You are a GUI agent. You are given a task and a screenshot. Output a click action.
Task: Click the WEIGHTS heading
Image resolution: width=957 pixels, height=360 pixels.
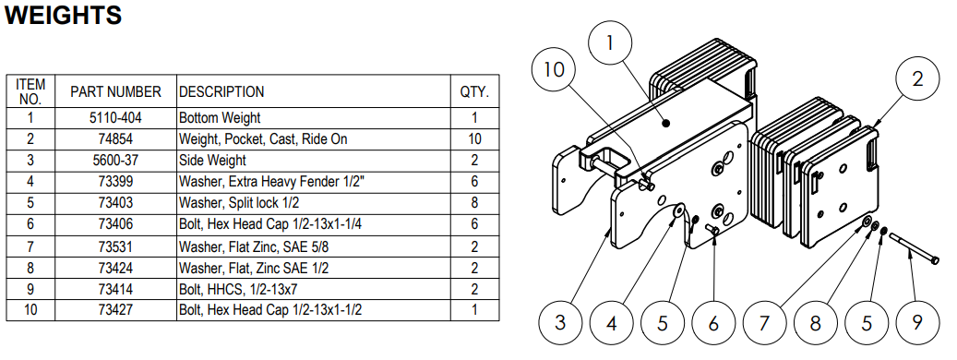coord(64,15)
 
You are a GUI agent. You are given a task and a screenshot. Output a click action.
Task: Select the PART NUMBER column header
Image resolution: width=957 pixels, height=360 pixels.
coord(115,92)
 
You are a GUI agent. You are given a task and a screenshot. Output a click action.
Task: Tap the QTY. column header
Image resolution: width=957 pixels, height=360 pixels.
coord(474,92)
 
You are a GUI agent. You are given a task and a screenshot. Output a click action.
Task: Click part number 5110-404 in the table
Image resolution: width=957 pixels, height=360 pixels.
coord(115,118)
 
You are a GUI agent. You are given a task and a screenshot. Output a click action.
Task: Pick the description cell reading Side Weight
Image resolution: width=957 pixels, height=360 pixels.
coord(212,161)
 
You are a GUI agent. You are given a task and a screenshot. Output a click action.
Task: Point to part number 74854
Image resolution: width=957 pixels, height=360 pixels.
coord(115,139)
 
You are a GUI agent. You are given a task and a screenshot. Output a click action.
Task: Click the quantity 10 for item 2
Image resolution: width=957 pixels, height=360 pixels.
coord(474,139)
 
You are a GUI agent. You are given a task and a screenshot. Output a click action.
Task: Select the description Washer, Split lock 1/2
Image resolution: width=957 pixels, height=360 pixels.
coord(245,202)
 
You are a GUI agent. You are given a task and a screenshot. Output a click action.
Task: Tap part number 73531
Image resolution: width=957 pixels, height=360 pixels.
coord(115,246)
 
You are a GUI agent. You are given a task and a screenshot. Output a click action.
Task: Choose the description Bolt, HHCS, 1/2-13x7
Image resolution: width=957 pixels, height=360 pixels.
coord(241,289)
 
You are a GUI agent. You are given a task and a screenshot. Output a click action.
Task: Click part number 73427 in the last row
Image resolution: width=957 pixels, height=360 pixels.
coord(115,310)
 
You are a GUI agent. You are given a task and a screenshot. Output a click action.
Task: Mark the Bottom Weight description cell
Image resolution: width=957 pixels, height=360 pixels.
coord(220,118)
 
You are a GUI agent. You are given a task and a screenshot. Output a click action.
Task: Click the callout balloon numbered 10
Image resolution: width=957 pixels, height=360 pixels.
coord(555,69)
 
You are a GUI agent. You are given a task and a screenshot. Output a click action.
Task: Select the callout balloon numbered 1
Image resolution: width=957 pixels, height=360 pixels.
coord(611,44)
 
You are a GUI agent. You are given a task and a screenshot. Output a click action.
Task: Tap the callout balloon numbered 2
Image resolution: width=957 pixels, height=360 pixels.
coord(917,79)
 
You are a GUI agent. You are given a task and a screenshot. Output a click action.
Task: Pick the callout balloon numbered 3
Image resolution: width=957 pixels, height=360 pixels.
coord(560,321)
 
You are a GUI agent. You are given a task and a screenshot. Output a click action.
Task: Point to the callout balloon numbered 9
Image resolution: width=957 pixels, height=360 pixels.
coord(916,321)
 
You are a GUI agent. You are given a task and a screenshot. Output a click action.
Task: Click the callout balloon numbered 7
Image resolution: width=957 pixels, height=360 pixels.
coord(764,321)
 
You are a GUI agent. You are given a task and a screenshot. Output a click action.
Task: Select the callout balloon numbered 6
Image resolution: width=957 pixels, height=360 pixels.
coord(713,321)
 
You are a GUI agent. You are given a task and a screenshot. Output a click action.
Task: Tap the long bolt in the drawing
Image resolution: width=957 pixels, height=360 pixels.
coord(914,248)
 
